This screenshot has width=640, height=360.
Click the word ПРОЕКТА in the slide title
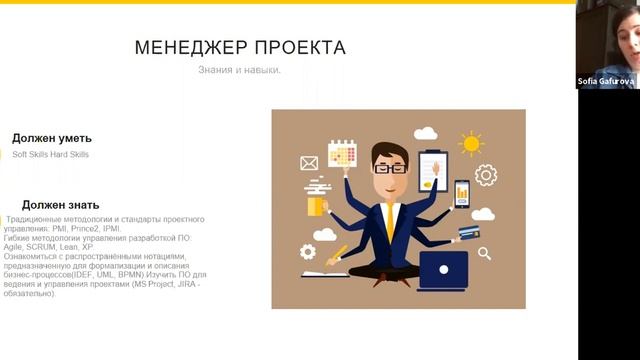pyautogui.click(x=299, y=48)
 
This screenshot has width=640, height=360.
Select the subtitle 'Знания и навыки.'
pyautogui.click(x=239, y=70)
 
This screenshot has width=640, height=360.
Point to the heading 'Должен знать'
pyautogui.click(x=59, y=204)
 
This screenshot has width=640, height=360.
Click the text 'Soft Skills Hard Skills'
pyautogui.click(x=50, y=155)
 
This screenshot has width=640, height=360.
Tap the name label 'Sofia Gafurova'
pyautogui.click(x=606, y=81)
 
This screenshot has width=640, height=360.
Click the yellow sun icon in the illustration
pyautogui.click(x=470, y=143)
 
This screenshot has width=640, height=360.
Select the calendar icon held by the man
pyautogui.click(x=342, y=153)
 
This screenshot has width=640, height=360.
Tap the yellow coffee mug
pyautogui.click(x=317, y=203)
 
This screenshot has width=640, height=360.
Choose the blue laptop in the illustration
pyautogui.click(x=444, y=268)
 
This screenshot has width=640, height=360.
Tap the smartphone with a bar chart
pyautogui.click(x=462, y=192)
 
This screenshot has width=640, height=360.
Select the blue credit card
pyautogui.click(x=466, y=234)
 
